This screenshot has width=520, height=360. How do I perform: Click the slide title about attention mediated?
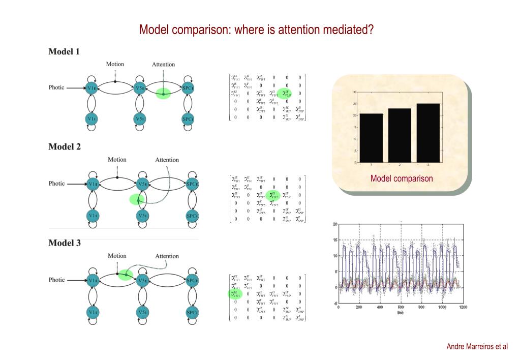click(x=257, y=30)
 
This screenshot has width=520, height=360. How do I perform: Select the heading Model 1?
click(x=64, y=51)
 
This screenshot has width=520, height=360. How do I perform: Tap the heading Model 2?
click(x=64, y=147)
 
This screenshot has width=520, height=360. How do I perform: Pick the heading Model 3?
click(x=64, y=243)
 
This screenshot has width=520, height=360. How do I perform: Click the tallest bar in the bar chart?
click(x=428, y=133)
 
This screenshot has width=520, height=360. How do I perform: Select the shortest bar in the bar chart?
click(x=371, y=138)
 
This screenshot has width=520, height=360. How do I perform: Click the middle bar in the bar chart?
click(x=400, y=135)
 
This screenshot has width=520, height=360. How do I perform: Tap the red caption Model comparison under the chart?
click(x=402, y=178)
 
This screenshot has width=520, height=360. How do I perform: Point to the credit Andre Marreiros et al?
click(x=477, y=347)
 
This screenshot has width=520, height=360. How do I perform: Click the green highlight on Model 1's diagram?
click(x=163, y=94)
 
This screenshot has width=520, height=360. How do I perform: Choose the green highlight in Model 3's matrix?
click(x=234, y=293)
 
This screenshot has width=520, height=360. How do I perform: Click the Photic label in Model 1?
click(x=56, y=87)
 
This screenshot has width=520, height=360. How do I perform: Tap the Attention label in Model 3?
click(x=167, y=256)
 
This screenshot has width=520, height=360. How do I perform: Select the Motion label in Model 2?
click(x=117, y=160)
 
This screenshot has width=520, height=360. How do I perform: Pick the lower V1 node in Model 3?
click(x=91, y=311)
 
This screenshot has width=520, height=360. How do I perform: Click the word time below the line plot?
click(x=401, y=313)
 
